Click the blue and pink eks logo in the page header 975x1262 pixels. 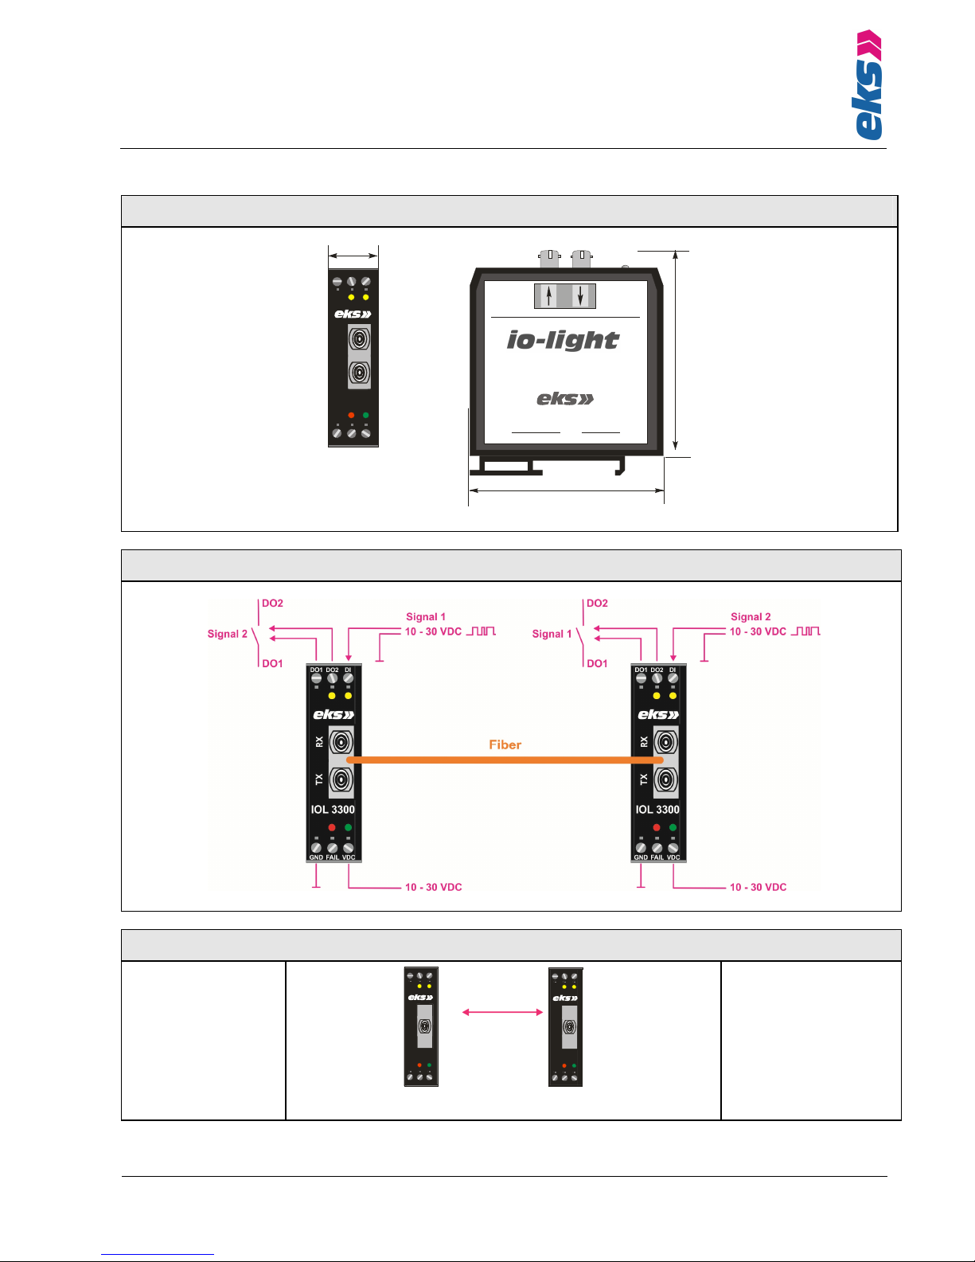click(x=868, y=85)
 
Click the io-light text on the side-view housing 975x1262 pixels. click(x=563, y=341)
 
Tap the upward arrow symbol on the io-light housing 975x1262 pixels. click(x=548, y=296)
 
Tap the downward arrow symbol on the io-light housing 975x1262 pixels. click(x=581, y=296)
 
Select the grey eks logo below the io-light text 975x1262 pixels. click(x=565, y=399)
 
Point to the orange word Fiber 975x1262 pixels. click(x=505, y=745)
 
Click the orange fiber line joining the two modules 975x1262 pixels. click(x=505, y=760)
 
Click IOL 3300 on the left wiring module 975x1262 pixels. click(x=333, y=810)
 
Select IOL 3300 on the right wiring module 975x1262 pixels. click(x=657, y=810)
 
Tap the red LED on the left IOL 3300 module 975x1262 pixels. click(x=332, y=828)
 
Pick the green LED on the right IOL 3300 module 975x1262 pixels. click(x=673, y=828)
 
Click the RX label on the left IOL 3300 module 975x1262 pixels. click(x=319, y=741)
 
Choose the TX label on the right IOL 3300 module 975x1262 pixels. click(x=644, y=779)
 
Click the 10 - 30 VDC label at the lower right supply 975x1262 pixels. click(x=758, y=887)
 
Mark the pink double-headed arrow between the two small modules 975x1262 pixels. click(x=502, y=1012)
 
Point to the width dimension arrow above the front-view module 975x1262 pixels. click(x=353, y=256)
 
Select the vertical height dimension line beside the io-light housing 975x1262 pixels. click(x=675, y=350)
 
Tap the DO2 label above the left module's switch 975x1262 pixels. click(x=272, y=604)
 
